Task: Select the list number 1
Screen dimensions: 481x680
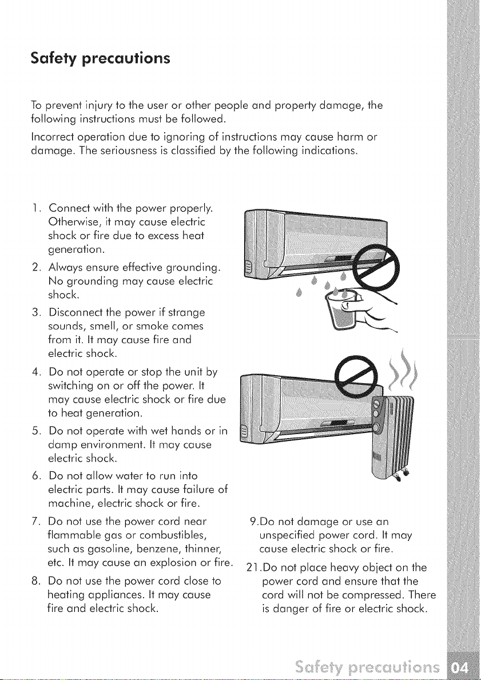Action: (35, 208)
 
